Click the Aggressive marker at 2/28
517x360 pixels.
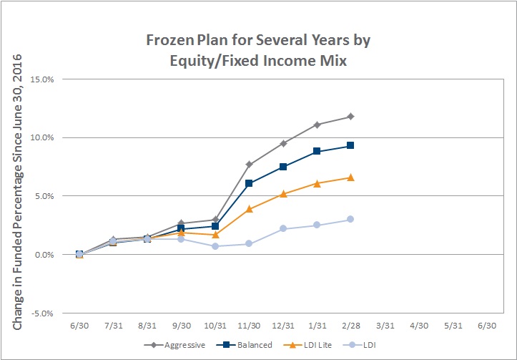(x=350, y=117)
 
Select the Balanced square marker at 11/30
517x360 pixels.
(x=249, y=183)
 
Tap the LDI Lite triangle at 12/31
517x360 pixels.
(x=283, y=194)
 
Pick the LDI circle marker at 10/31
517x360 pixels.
(x=215, y=246)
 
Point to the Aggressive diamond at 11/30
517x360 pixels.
(x=249, y=165)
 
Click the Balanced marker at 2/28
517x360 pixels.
(x=350, y=145)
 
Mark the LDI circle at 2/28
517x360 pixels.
(x=350, y=219)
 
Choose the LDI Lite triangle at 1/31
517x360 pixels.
(x=317, y=183)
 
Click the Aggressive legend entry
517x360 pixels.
(x=174, y=345)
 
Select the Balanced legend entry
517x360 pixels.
(x=245, y=345)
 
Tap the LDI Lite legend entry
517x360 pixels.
(x=307, y=345)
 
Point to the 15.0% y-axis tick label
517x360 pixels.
(x=42, y=79)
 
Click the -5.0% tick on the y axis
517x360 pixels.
(x=42, y=313)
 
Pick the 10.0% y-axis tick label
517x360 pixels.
(x=42, y=137)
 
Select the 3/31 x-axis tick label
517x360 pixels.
(x=385, y=326)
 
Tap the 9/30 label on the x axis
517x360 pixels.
(x=182, y=326)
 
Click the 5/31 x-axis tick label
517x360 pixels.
(x=453, y=326)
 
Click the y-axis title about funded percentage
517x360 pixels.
(x=17, y=192)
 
